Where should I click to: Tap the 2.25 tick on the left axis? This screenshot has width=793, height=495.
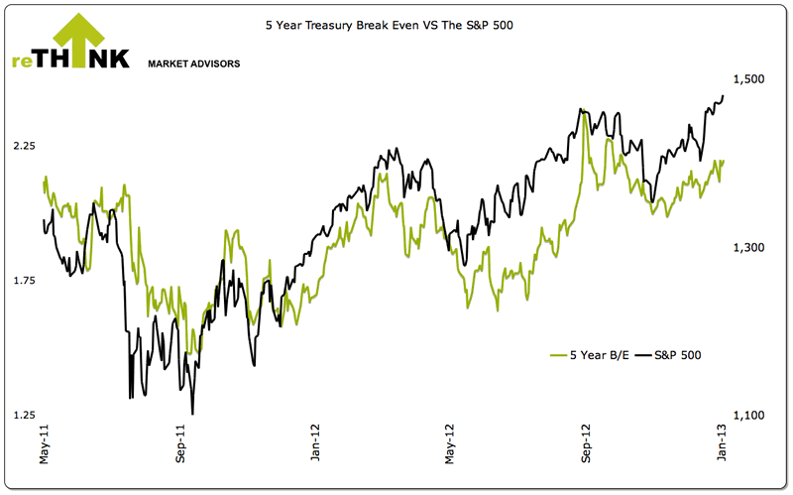click(x=24, y=146)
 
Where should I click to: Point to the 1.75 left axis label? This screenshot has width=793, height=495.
click(x=24, y=282)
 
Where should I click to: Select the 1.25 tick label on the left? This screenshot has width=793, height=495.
click(x=24, y=416)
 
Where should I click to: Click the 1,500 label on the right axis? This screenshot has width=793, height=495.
click(x=748, y=78)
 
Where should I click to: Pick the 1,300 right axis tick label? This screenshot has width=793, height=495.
click(x=748, y=247)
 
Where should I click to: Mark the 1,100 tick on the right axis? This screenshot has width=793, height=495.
click(x=748, y=416)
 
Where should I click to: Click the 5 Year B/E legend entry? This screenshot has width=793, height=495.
click(x=589, y=354)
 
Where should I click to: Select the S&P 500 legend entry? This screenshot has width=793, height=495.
click(x=668, y=354)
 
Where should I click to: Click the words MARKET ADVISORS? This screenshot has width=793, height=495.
click(x=193, y=63)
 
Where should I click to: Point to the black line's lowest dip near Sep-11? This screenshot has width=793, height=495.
click(x=192, y=413)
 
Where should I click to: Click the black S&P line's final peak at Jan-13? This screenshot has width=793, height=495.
click(x=723, y=95)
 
